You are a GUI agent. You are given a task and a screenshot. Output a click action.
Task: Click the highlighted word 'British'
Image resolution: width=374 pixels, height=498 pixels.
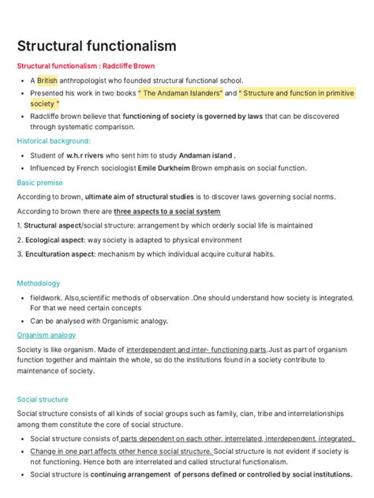click(x=47, y=80)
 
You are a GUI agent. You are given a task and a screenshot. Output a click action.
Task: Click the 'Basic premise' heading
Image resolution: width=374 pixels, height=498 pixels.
click(x=39, y=182)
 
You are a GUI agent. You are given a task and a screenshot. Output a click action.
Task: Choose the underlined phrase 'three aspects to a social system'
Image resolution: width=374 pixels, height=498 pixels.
click(x=167, y=211)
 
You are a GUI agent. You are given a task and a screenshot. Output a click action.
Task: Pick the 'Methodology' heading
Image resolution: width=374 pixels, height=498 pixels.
click(x=39, y=283)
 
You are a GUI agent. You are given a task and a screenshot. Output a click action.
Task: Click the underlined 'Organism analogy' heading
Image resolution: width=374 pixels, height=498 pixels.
click(x=47, y=335)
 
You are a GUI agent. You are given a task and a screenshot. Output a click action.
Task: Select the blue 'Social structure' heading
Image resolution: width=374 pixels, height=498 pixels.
click(x=43, y=400)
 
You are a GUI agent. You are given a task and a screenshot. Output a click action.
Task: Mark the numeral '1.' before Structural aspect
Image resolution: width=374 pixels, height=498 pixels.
click(x=21, y=225)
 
